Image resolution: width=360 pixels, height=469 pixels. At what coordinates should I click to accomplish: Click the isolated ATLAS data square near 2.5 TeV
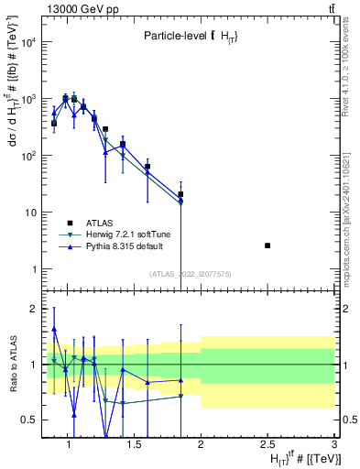tap(267, 245)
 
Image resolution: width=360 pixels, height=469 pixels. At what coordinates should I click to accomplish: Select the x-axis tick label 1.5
tap(134, 445)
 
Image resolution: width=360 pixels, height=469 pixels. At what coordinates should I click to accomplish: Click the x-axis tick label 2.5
tap(267, 445)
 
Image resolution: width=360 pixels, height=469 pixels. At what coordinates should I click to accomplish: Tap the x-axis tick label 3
tap(333, 445)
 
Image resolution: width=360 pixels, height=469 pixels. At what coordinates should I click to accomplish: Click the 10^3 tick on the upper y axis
tap(30, 99)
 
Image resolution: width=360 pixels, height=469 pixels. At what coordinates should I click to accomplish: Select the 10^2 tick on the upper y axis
tap(30, 156)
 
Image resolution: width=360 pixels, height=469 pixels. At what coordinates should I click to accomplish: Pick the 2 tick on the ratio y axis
tap(34, 309)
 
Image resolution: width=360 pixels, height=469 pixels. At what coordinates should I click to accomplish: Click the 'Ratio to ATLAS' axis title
tap(12, 365)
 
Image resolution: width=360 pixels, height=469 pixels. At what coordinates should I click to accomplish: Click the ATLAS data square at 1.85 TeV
tap(181, 194)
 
